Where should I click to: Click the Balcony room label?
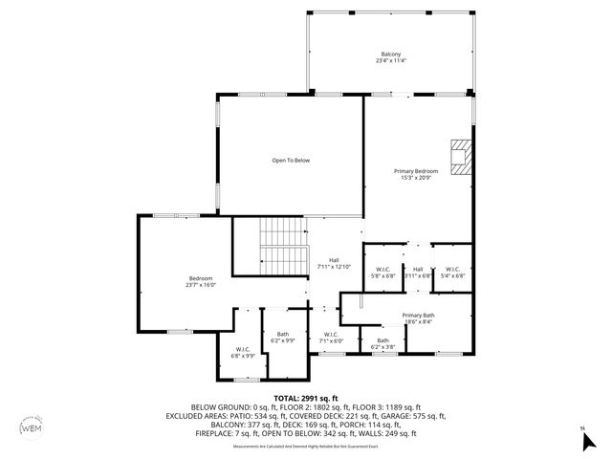tap(389, 58)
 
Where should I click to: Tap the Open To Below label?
tap(291, 160)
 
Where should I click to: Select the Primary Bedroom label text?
tap(416, 175)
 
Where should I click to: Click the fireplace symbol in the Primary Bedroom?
tap(461, 154)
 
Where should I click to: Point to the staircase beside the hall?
tap(283, 245)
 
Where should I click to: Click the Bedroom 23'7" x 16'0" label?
tap(201, 281)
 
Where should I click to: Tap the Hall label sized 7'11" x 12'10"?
tap(334, 263)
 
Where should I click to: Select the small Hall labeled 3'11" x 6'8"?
tap(418, 273)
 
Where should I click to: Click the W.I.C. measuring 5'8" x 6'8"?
tap(382, 273)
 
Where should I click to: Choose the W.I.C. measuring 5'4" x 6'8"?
tap(452, 273)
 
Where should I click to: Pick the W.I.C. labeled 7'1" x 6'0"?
tap(331, 337)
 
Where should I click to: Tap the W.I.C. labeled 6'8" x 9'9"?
tap(242, 353)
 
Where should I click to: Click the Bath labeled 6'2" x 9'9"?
tap(283, 337)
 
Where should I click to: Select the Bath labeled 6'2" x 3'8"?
tap(382, 343)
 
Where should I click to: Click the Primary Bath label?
tap(418, 318)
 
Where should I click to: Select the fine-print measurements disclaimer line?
tap(305, 446)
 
